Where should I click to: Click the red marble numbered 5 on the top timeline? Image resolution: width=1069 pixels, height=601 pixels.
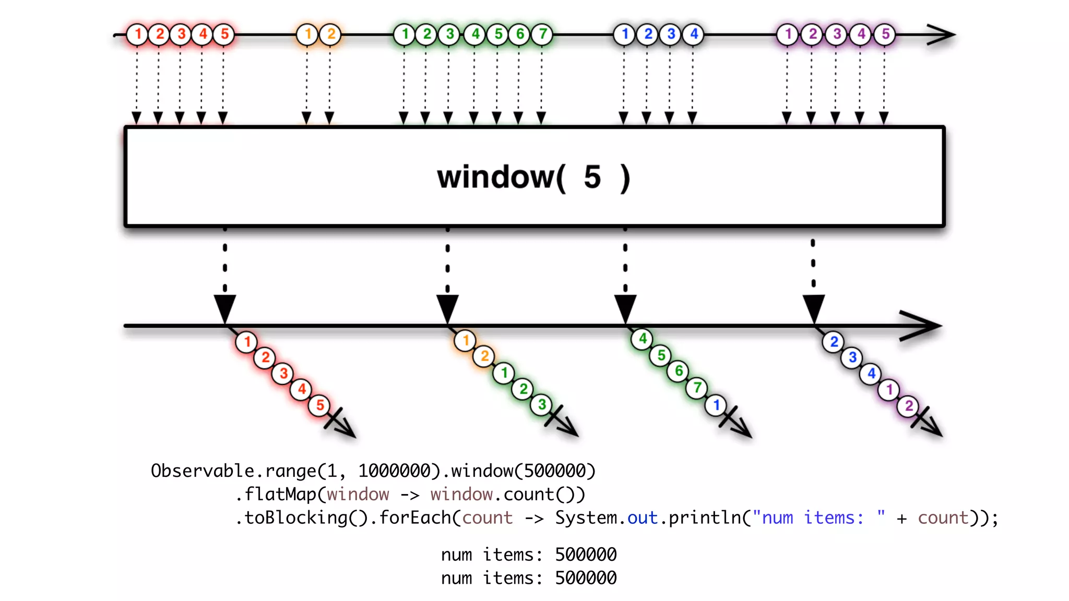tap(224, 34)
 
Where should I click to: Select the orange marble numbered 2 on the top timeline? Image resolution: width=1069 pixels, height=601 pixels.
tap(331, 34)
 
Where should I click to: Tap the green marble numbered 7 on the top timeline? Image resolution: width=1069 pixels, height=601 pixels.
tap(543, 34)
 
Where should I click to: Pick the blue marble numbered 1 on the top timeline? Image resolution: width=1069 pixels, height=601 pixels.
tap(624, 34)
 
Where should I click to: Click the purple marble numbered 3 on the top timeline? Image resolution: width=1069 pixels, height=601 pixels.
tap(837, 34)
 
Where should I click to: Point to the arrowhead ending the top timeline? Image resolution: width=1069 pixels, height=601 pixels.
tap(944, 35)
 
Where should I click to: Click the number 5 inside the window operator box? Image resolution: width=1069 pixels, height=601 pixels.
tap(592, 177)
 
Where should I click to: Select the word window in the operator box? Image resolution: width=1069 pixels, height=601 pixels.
tap(496, 177)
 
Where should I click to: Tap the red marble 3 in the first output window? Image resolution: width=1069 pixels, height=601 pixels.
tap(283, 374)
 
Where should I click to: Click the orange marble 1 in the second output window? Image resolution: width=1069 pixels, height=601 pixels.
tap(466, 341)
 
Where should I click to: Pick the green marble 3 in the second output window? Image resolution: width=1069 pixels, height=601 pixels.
tap(542, 404)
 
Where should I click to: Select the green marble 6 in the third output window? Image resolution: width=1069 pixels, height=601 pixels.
tap(679, 371)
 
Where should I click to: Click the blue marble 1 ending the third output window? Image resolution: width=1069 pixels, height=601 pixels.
tap(716, 405)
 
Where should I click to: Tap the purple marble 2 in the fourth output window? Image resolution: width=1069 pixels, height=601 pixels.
tap(909, 406)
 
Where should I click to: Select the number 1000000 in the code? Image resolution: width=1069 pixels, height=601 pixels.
tap(394, 471)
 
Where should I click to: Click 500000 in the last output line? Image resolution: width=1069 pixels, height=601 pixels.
tap(586, 578)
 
